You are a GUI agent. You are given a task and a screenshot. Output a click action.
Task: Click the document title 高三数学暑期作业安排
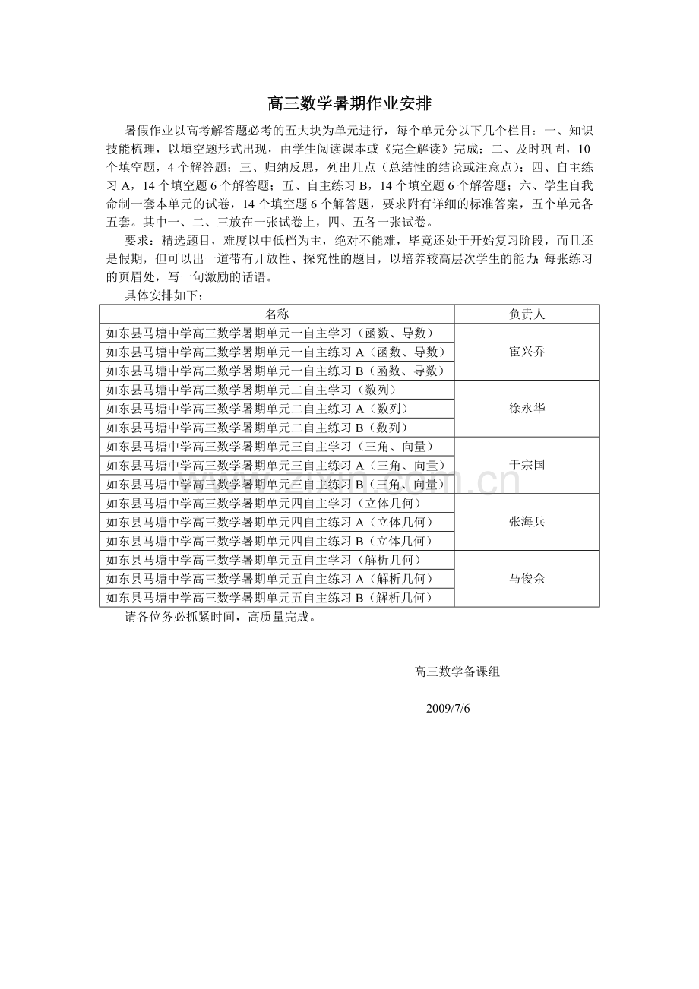[349, 104]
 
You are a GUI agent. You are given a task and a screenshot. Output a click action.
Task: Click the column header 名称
[277, 314]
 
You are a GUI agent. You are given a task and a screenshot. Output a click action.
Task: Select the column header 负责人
[527, 314]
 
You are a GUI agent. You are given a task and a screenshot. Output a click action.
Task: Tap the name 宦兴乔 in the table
[527, 352]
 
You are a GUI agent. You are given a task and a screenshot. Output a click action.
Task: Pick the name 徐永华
[527, 409]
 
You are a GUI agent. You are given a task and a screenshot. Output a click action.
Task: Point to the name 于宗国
[527, 465]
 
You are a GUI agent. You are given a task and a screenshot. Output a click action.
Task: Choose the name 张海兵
[527, 522]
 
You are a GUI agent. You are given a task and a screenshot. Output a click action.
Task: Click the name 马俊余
[527, 579]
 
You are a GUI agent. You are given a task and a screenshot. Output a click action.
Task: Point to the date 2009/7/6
[448, 708]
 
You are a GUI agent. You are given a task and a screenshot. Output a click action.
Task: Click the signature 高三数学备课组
[457, 671]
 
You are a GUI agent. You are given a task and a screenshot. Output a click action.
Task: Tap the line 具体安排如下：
[164, 295]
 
